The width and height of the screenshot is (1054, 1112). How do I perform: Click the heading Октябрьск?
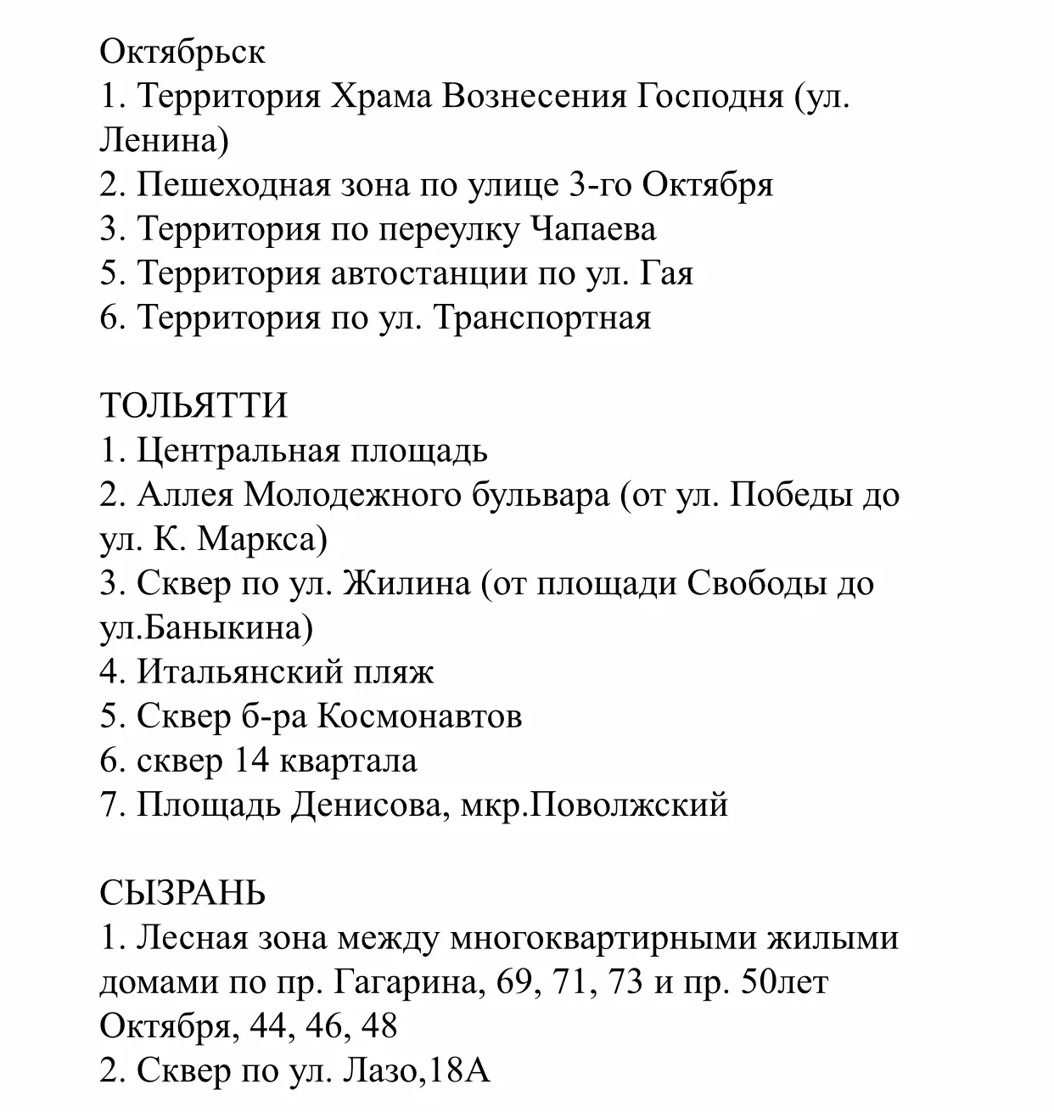point(182,53)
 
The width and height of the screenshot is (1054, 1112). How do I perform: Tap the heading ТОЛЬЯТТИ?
point(193,406)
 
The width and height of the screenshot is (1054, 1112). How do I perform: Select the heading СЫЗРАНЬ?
point(182,893)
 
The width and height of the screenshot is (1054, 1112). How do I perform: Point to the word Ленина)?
point(164,141)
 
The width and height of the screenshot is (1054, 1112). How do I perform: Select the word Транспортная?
point(542,317)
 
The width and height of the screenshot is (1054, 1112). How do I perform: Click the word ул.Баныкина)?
point(206,627)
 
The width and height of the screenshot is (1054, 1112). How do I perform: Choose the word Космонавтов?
point(419,716)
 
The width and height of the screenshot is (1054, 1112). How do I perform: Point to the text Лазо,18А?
point(416,1070)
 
